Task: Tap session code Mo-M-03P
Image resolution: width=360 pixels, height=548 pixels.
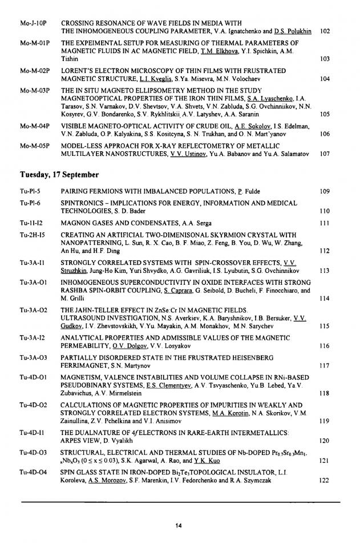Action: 35,90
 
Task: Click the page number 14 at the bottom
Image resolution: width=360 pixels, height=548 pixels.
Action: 179,525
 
